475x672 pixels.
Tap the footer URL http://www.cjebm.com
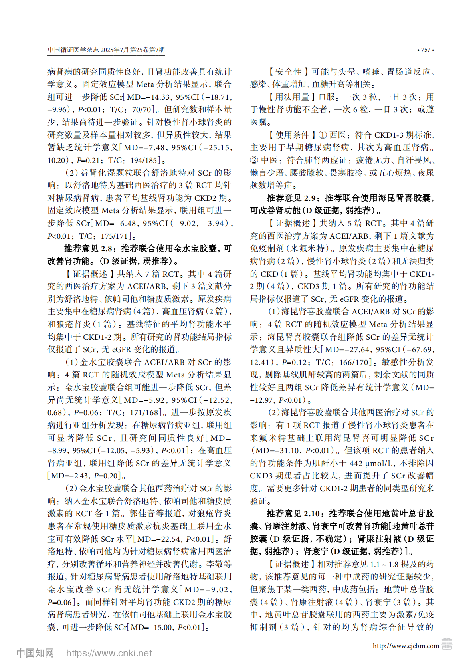406,646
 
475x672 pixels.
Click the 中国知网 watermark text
35,653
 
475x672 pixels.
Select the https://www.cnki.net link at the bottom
109,653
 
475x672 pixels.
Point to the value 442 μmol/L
371,463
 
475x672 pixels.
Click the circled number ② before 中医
254,160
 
